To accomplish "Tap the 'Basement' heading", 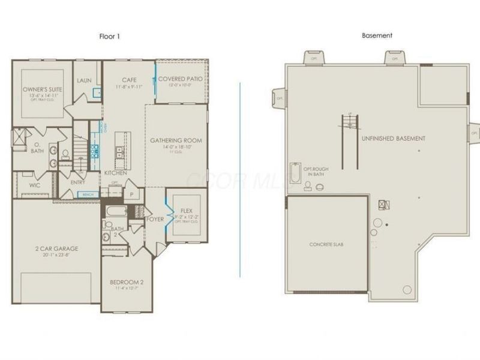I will [377, 36].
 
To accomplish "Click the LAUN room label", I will [84, 80].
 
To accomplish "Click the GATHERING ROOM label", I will [176, 140].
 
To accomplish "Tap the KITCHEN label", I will [116, 173].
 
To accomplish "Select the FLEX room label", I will [187, 211].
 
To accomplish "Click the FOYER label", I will [155, 220].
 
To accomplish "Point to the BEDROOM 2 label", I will [127, 282].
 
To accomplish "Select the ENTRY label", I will [77, 182].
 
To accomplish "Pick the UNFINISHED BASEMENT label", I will [394, 139].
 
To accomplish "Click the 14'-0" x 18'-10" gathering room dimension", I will [176, 147].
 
